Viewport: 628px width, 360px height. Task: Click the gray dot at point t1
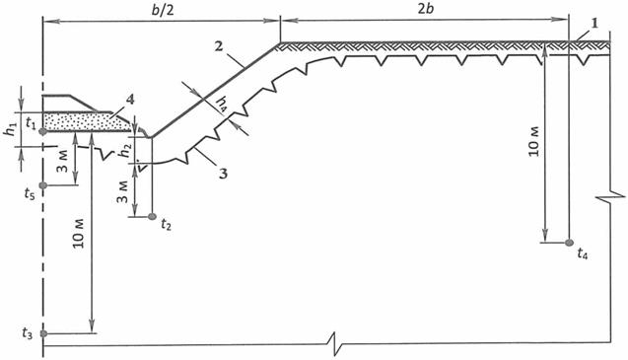[x=43, y=131]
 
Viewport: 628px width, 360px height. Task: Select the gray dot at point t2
[x=152, y=216]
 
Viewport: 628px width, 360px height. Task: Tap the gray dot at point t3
[x=43, y=333]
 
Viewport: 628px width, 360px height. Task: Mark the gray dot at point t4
[x=569, y=243]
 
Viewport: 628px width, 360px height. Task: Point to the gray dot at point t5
[x=43, y=185]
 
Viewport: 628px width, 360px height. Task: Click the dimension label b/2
[x=163, y=10]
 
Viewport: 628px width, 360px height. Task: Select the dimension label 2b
[x=426, y=9]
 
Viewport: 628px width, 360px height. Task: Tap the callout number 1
[x=594, y=24]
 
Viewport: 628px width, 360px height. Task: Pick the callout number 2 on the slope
[x=219, y=46]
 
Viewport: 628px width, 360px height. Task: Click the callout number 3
[x=223, y=174]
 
